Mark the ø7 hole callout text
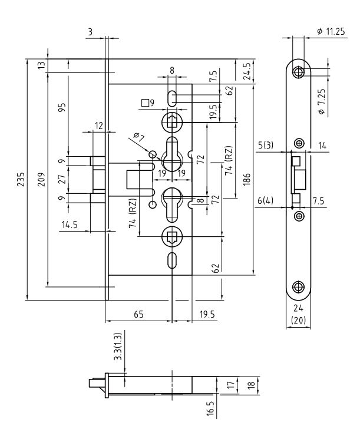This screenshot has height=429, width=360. click(x=139, y=138)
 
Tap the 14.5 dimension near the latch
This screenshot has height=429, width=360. click(x=68, y=225)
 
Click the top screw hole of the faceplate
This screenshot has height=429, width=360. click(x=299, y=72)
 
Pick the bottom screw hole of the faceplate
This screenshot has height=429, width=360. click(x=299, y=288)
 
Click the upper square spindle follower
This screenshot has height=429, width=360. click(x=171, y=123)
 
